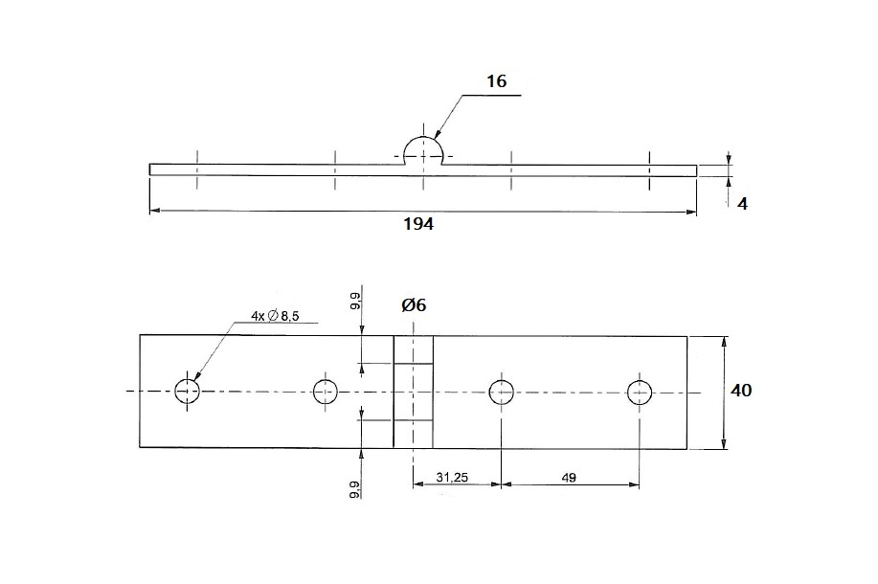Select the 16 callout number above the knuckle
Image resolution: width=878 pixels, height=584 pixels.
click(x=496, y=82)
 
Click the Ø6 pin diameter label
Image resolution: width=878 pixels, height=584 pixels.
click(x=414, y=305)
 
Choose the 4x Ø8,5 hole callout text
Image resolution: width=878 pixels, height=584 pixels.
click(x=275, y=315)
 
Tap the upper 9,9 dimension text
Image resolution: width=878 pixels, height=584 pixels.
click(x=354, y=302)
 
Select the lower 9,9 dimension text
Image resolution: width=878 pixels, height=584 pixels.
click(x=354, y=490)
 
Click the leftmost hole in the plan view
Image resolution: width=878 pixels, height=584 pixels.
click(x=187, y=391)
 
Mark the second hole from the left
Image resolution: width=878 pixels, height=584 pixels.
click(x=326, y=391)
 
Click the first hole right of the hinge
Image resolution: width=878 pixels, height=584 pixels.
click(x=501, y=391)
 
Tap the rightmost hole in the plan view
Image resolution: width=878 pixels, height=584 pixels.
click(x=640, y=391)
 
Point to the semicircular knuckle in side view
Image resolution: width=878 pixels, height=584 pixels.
click(x=423, y=150)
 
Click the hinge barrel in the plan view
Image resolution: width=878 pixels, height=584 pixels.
click(x=413, y=391)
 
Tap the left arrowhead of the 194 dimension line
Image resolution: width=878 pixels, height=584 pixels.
click(x=154, y=211)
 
